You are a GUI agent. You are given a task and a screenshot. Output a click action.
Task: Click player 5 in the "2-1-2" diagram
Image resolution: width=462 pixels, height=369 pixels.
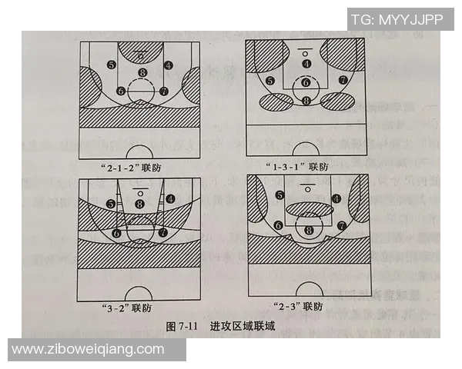pyautogui.click(x=112, y=65)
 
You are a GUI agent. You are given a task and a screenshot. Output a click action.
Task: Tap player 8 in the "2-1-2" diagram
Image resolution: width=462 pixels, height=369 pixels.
pyautogui.click(x=142, y=73)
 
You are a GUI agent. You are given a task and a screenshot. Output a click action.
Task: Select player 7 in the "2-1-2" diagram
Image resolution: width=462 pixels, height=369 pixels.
pyautogui.click(x=163, y=91)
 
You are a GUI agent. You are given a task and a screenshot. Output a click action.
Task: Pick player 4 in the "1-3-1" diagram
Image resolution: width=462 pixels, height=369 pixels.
pyautogui.click(x=306, y=64)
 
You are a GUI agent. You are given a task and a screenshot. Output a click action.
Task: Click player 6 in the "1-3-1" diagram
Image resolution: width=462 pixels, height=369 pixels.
pyautogui.click(x=306, y=82)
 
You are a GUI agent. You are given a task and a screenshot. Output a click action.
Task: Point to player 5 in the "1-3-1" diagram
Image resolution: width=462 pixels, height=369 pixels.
pyautogui.click(x=269, y=81)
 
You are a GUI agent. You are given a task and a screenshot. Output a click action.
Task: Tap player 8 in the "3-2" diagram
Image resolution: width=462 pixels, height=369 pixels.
pyautogui.click(x=139, y=204)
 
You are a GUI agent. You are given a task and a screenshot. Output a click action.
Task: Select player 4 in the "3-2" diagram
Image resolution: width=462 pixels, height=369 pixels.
pyautogui.click(x=169, y=198)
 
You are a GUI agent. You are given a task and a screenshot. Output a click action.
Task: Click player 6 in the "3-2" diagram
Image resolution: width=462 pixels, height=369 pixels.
pyautogui.click(x=117, y=232)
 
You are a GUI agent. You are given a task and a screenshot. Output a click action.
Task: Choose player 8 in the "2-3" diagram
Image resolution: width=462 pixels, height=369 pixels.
pyautogui.click(x=310, y=229)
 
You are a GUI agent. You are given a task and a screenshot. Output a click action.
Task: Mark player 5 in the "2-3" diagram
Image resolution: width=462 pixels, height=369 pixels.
pyautogui.click(x=280, y=196)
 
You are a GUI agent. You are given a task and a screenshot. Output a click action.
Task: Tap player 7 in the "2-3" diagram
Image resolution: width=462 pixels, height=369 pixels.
pyautogui.click(x=340, y=226)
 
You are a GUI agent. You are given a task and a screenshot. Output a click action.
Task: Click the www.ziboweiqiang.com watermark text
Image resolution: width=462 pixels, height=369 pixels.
pyautogui.click(x=88, y=350)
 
